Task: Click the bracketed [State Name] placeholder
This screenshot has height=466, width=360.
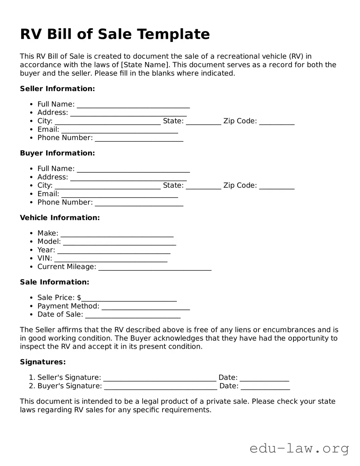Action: [145, 65]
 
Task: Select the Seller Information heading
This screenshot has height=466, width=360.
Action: [57, 89]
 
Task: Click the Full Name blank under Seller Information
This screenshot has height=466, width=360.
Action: [133, 105]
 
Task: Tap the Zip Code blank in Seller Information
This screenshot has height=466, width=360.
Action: [277, 122]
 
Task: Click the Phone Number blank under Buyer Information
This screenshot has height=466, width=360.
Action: [139, 203]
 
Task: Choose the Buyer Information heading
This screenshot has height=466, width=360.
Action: [57, 153]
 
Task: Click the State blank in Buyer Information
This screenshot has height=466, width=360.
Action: [203, 187]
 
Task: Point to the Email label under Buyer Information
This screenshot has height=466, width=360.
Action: [48, 194]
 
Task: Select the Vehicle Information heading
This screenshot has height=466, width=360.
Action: [60, 218]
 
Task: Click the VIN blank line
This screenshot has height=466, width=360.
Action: [111, 259]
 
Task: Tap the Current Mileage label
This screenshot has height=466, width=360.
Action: [67, 267]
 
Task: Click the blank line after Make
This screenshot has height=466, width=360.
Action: [117, 234]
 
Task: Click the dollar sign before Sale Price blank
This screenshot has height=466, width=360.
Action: [79, 298]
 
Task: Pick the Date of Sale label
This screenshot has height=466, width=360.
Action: [60, 315]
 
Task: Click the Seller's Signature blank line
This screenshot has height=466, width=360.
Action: [160, 379]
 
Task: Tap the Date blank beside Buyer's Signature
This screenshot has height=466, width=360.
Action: [265, 387]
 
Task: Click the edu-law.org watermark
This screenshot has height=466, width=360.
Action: [299, 448]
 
